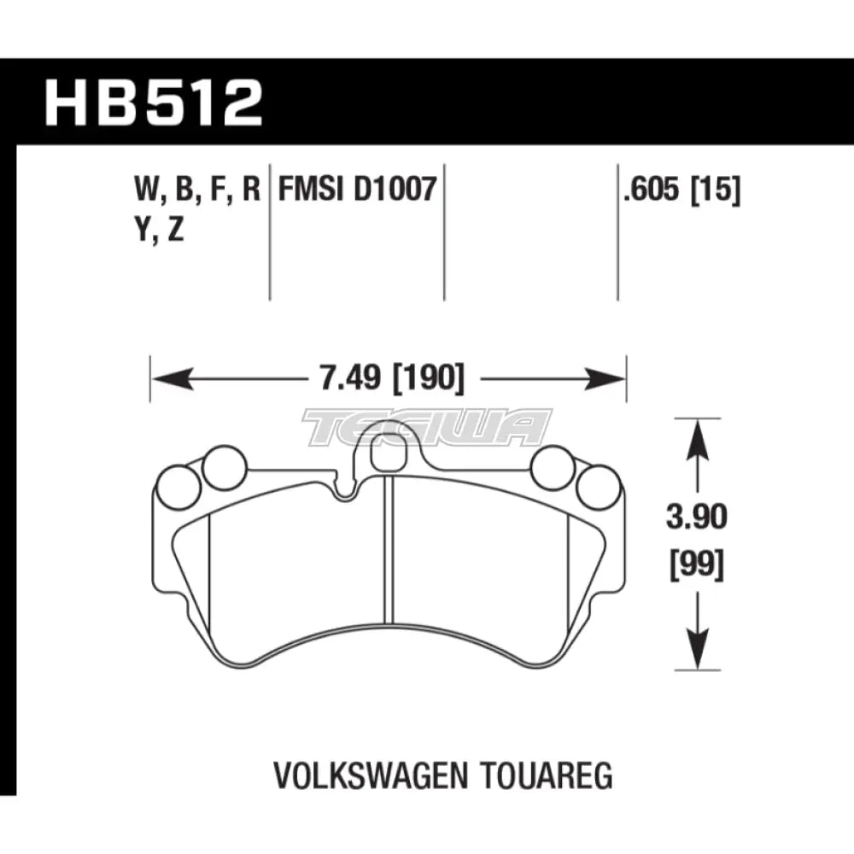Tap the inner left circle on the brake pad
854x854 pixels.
pyautogui.click(x=225, y=469)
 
